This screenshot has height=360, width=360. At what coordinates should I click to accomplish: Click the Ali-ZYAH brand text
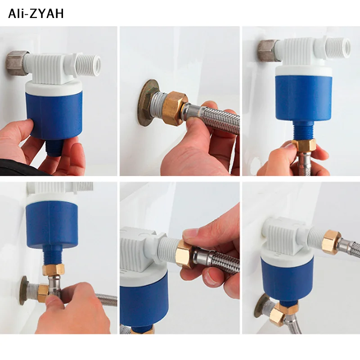click(x=36, y=13)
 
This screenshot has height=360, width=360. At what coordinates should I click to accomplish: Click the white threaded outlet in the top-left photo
click(x=89, y=65)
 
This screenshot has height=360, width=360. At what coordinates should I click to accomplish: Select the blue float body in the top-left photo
click(x=54, y=114)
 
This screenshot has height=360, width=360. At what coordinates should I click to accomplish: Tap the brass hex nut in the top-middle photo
click(x=175, y=108)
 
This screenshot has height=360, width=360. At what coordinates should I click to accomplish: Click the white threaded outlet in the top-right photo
click(x=339, y=49)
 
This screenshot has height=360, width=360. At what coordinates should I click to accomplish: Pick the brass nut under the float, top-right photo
click(x=303, y=144)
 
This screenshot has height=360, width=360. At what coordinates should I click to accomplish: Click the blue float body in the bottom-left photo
click(x=52, y=223)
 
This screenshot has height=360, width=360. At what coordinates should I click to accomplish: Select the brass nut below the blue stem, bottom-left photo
click(x=53, y=270)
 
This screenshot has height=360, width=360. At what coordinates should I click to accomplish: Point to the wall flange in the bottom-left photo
click(x=23, y=290)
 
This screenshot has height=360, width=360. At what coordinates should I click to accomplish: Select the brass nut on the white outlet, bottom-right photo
click(x=331, y=242)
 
